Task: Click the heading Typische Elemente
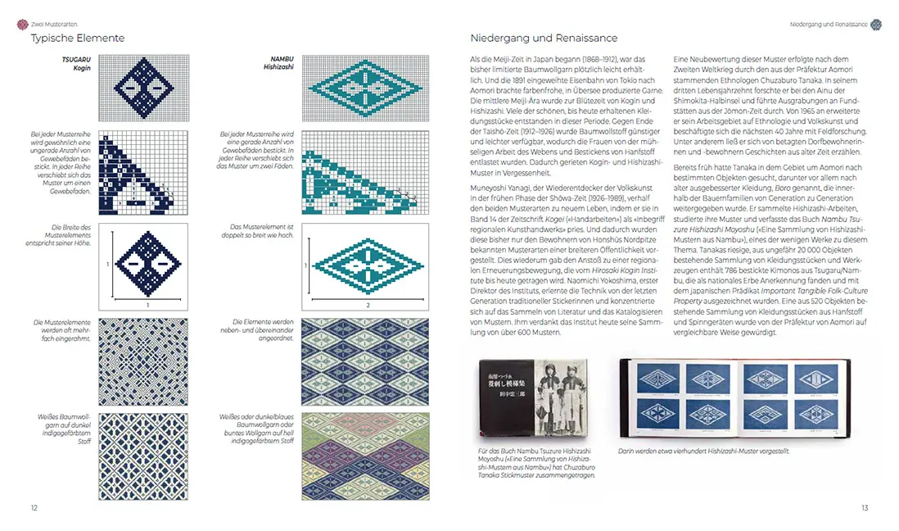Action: [x=78, y=38]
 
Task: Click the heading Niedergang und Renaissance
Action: [x=544, y=38]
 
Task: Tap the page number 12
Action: [x=34, y=508]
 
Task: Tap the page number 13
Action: [x=864, y=508]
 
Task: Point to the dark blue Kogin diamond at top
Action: [x=143, y=88]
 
